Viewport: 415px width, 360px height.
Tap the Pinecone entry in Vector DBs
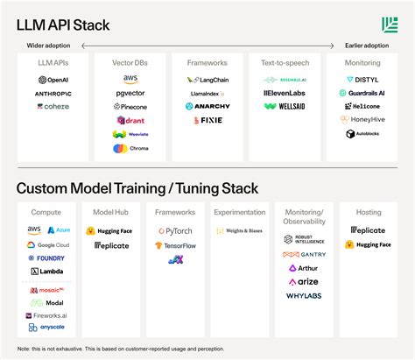pos(130,106)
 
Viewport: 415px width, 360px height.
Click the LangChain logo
pos(207,80)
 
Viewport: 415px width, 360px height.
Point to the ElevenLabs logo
pos(285,93)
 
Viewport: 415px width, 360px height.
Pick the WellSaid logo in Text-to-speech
pos(285,106)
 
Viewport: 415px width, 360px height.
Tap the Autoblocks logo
pos(361,134)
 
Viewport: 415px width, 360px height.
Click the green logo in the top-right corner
pos(390,25)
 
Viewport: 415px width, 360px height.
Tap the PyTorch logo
pos(175,231)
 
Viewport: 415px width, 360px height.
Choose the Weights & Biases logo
pos(240,231)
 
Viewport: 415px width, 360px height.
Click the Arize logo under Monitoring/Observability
pos(304,282)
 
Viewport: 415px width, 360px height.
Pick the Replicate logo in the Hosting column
pos(368,231)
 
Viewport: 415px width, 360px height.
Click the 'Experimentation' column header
pos(240,212)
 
